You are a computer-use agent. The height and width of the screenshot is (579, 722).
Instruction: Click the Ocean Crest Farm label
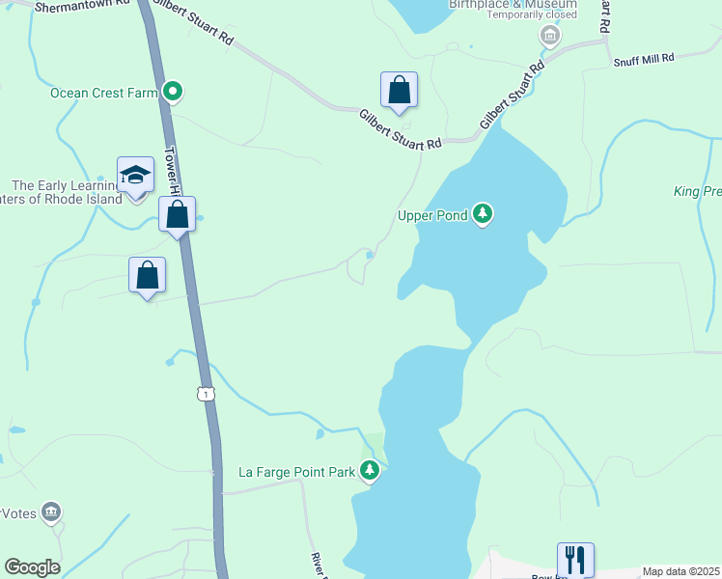point(103,93)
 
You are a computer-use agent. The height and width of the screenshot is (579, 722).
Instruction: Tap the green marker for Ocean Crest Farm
point(174,93)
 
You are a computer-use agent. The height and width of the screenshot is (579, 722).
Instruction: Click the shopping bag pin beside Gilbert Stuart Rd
point(399,91)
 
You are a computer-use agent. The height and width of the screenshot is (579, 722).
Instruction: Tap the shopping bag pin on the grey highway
point(178,214)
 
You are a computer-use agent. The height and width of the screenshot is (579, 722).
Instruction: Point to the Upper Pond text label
point(432,214)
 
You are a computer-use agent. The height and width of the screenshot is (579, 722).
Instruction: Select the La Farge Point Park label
point(298,472)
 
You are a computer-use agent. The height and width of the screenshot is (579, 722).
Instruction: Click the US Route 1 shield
point(204,394)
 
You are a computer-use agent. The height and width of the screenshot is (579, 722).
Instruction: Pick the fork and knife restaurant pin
point(574,559)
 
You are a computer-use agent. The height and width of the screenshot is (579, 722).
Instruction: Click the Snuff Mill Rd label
point(644,59)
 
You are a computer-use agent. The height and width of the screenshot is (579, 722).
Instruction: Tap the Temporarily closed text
point(532,14)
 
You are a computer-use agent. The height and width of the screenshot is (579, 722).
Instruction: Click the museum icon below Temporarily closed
point(549,37)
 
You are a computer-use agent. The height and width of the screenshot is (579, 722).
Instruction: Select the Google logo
point(32,567)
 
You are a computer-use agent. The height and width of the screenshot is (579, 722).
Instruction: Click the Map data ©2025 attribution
point(681,571)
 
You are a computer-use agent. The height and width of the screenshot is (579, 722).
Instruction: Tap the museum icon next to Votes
point(51,512)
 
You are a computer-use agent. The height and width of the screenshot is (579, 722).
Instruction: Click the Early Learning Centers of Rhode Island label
point(65,192)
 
